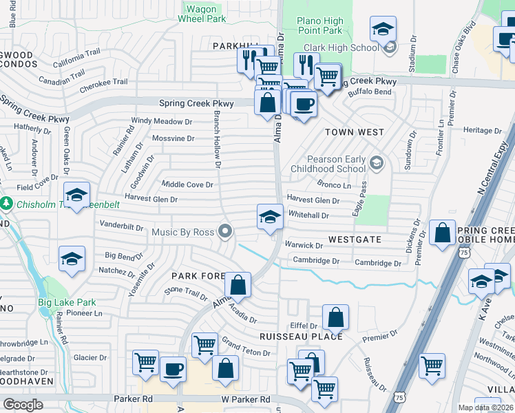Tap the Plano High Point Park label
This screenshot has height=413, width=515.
click(319, 26)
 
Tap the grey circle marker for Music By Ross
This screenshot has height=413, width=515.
click(225, 232)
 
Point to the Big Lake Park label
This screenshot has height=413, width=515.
click(67, 302)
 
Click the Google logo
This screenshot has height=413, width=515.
click(23, 404)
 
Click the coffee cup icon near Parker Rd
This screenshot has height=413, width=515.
click(173, 368)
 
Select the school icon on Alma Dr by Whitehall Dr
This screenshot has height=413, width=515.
click(271, 218)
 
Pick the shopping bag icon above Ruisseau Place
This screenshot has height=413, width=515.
click(335, 317)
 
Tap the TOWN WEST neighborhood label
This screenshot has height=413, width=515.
click(354, 131)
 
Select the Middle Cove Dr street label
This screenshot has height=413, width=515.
click(187, 184)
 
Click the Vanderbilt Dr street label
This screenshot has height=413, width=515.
click(121, 226)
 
